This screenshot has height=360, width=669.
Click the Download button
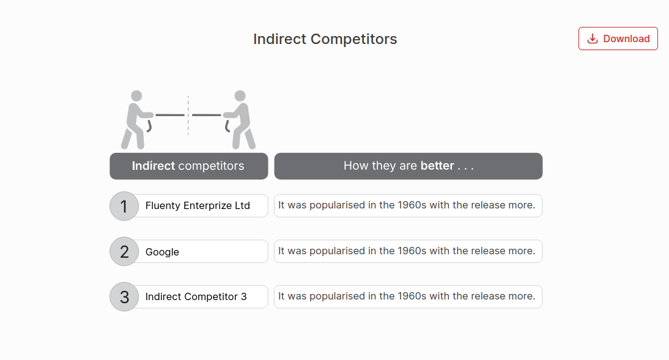[618, 39]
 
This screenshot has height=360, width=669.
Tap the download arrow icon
[592, 39]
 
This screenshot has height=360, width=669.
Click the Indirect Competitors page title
[325, 39]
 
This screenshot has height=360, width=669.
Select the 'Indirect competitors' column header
[188, 166]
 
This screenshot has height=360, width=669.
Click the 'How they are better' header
[408, 166]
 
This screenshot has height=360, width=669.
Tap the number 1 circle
[125, 206]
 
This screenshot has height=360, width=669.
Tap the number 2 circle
[125, 252]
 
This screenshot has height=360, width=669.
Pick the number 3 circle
[125, 297]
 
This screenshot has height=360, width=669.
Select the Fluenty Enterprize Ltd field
[198, 206]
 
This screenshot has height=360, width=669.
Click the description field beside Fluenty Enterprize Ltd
[408, 205]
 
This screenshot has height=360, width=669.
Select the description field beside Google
[408, 251]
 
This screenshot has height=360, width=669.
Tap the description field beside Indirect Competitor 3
[408, 296]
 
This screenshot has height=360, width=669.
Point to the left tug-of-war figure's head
[136, 96]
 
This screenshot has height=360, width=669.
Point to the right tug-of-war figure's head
[240, 96]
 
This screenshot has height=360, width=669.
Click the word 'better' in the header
[437, 166]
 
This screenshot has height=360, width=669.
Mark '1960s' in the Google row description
[412, 251]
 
